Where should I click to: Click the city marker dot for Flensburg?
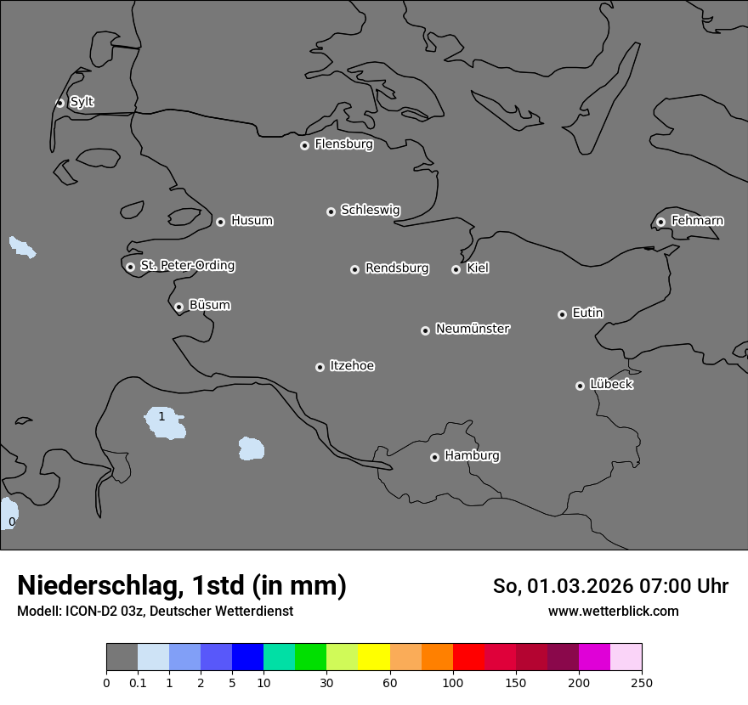click(304, 145)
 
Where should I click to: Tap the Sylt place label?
click(82, 102)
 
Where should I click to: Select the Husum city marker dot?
click(220, 222)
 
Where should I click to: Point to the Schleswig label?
click(370, 210)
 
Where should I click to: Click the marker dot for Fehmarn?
click(660, 222)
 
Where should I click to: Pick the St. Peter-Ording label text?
click(187, 265)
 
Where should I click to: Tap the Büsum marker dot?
click(178, 307)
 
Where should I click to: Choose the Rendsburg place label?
click(397, 268)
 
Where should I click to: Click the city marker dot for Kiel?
click(456, 269)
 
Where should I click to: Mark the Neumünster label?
click(473, 329)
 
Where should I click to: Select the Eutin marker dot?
click(562, 314)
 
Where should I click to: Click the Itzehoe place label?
click(352, 366)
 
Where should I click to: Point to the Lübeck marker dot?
click(580, 386)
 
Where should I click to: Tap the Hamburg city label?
click(472, 455)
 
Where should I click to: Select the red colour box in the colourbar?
click(468, 657)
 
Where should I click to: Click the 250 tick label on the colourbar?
click(642, 682)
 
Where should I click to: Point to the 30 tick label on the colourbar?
click(326, 682)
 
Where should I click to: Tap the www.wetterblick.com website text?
click(613, 612)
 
